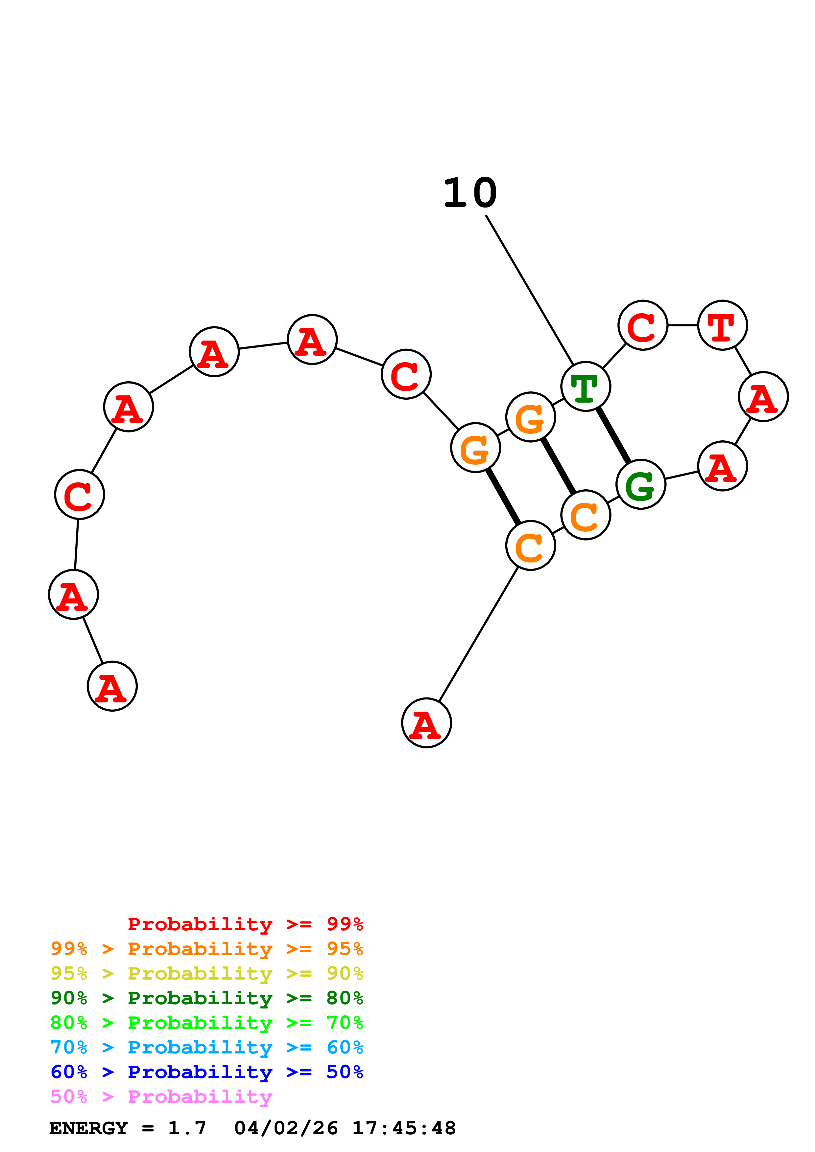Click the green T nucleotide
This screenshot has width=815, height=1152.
pos(586,386)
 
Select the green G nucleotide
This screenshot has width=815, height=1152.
pos(641,484)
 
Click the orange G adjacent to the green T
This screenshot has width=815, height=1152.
pos(531,417)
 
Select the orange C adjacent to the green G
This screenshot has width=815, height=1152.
pos(586,515)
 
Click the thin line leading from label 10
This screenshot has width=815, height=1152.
pos(529,290)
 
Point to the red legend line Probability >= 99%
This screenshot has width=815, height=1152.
pos(245,924)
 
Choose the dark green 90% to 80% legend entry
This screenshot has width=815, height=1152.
pos(206,998)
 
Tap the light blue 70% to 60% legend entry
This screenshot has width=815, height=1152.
pos(206,1047)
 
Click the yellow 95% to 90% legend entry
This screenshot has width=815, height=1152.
pos(206,973)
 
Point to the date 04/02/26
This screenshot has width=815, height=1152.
pos(286,1128)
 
